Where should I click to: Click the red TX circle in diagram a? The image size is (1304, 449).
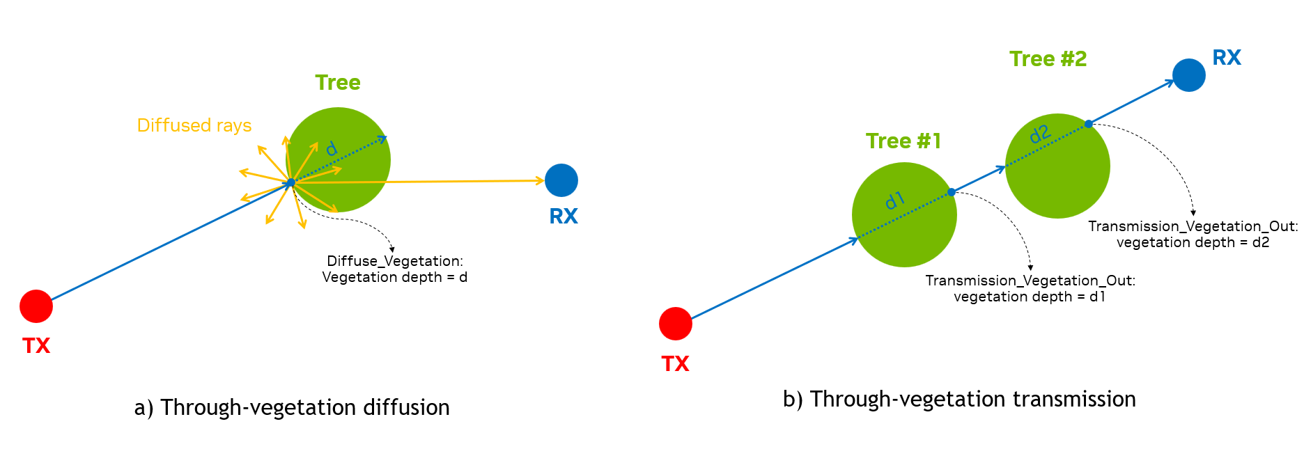[x=36, y=306]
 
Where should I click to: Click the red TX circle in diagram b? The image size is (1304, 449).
[x=675, y=324]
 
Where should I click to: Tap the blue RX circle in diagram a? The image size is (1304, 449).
[x=561, y=180]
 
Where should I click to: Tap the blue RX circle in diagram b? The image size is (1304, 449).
[x=1189, y=75]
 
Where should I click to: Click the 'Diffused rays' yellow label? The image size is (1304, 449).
[x=194, y=125]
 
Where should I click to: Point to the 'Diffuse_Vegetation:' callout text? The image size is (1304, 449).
[x=395, y=261]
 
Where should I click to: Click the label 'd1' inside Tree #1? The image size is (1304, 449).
[x=894, y=201]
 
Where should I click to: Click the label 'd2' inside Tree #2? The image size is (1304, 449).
[x=1039, y=134]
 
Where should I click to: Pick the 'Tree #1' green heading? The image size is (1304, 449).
[x=903, y=141]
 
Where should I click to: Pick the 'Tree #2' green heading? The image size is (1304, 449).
[x=1048, y=59]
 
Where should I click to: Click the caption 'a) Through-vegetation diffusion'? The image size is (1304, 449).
[x=292, y=407]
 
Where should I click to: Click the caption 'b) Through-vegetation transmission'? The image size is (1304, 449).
[x=959, y=399]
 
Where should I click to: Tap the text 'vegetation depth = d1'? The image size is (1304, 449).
[x=1030, y=297]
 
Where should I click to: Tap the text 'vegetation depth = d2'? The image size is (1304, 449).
[x=1193, y=242]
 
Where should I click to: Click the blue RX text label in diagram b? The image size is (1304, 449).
[x=1227, y=58]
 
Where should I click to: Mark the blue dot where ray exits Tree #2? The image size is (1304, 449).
[x=1088, y=124]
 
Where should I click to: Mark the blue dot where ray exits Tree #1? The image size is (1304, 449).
[x=951, y=192]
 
